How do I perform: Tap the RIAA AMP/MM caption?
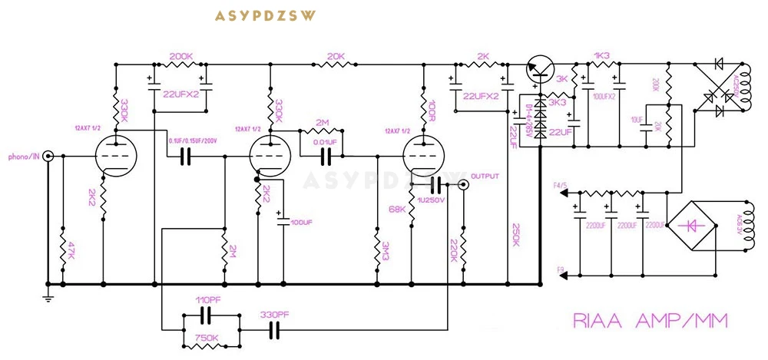click(649, 320)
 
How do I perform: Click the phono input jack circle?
click(48, 156)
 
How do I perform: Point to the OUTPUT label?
click(485, 177)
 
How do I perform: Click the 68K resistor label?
click(397, 208)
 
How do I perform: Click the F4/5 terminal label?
click(561, 185)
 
